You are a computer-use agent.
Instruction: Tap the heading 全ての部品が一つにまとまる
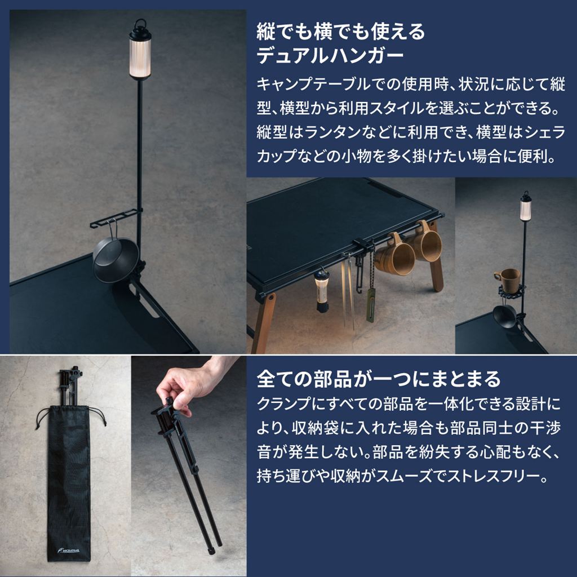pos(379,379)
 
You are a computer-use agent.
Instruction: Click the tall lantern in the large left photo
pos(140,49)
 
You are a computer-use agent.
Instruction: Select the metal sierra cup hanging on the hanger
pos(115,258)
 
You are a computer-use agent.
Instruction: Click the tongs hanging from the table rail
pos(348,291)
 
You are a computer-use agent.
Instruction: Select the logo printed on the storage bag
pos(68,551)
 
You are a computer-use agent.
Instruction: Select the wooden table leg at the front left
pos(264,324)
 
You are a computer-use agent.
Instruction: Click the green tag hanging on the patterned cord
pos(370,305)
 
